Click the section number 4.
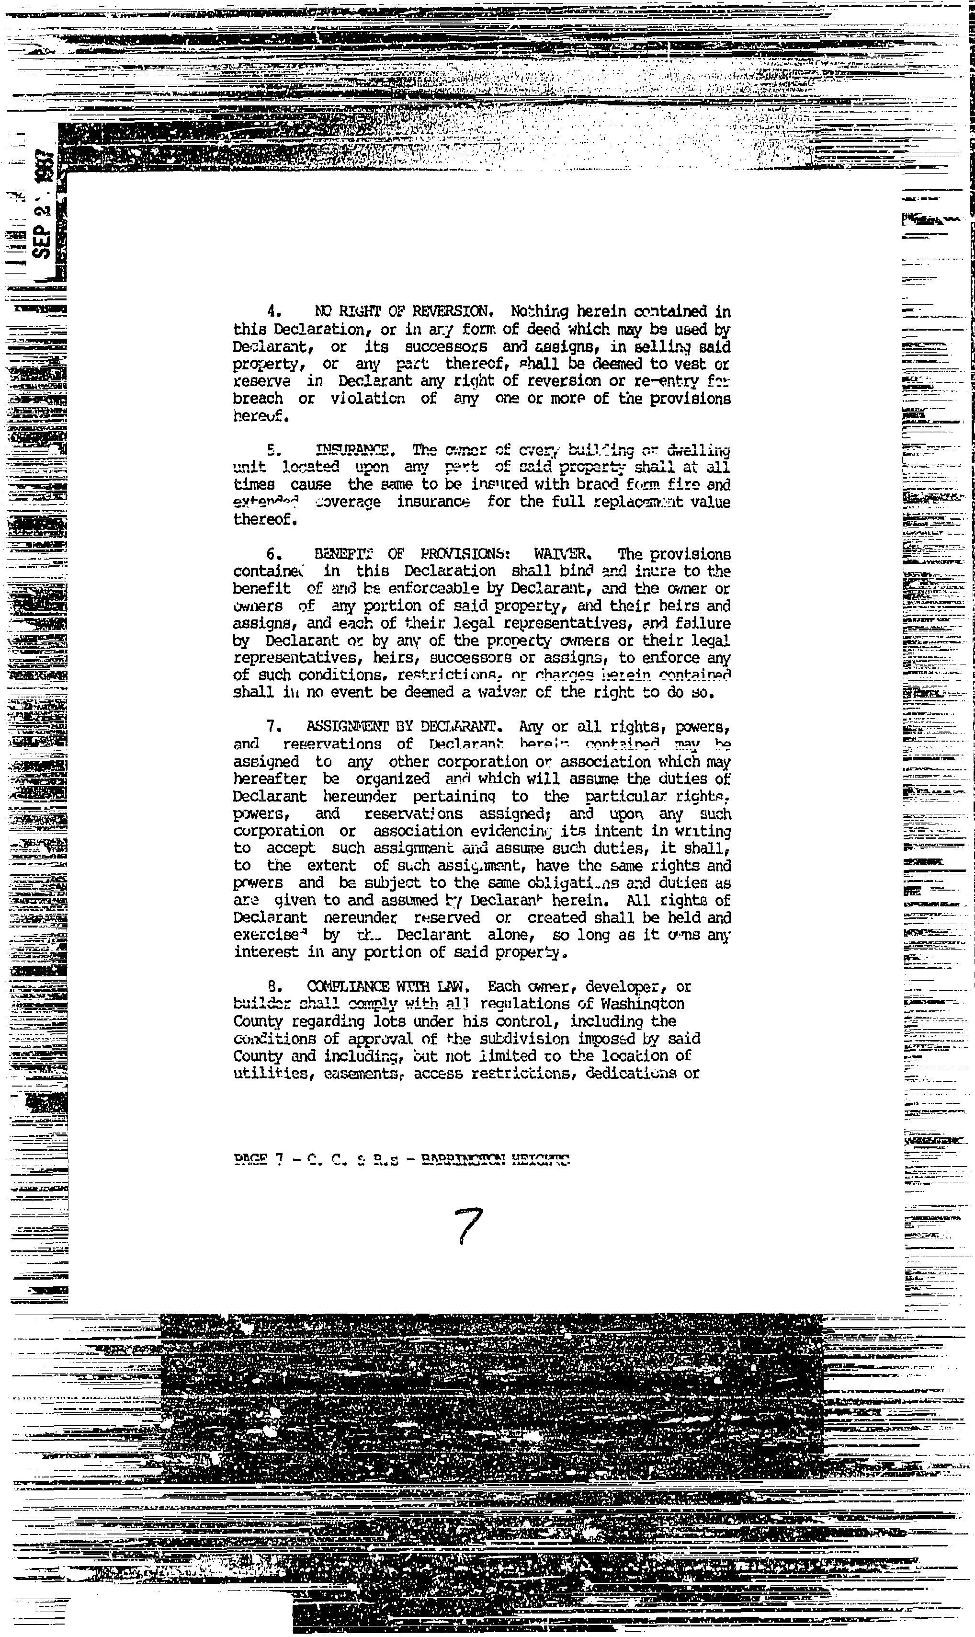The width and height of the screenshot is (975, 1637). [x=272, y=311]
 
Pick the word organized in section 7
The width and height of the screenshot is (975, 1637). [x=393, y=779]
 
